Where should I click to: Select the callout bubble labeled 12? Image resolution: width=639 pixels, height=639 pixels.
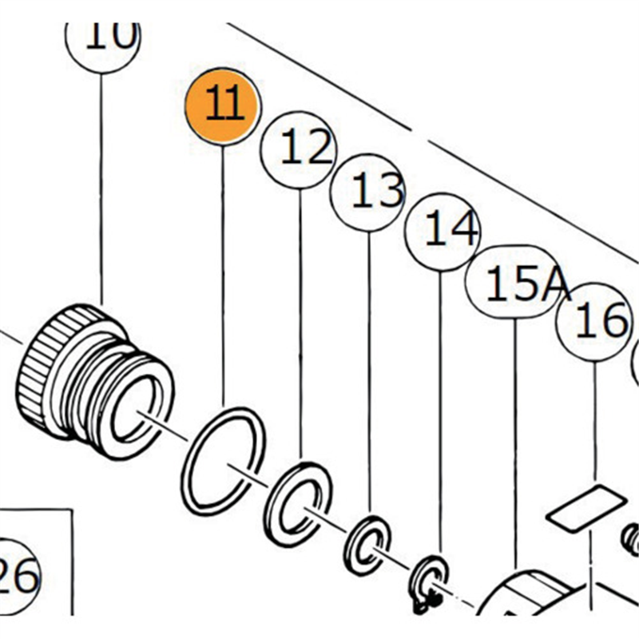[x=301, y=149]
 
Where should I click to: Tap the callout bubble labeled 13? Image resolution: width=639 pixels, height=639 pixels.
[x=369, y=192]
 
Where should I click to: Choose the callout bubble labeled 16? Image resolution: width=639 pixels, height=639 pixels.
[x=596, y=323]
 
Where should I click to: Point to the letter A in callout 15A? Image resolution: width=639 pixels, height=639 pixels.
[x=554, y=284]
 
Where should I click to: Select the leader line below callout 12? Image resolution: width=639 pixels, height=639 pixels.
[x=301, y=319]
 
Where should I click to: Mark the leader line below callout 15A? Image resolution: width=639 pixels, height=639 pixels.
[x=515, y=439]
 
